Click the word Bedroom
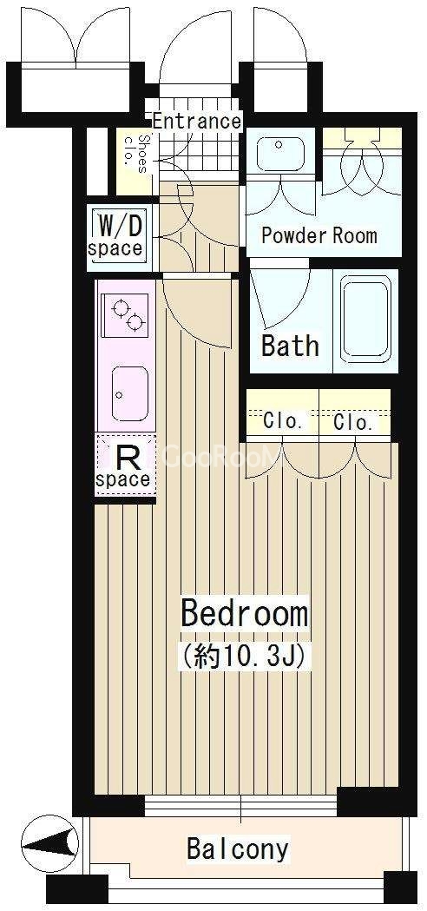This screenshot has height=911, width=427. (244, 614)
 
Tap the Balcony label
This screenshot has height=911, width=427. (238, 848)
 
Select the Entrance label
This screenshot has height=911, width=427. (197, 122)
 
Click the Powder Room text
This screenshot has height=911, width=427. (319, 235)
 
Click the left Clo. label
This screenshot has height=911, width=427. (282, 421)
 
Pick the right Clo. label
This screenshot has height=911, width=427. (353, 422)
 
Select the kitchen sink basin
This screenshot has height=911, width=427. (129, 394)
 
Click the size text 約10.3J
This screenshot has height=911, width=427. (244, 657)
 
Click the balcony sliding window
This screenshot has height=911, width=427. (240, 807)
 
